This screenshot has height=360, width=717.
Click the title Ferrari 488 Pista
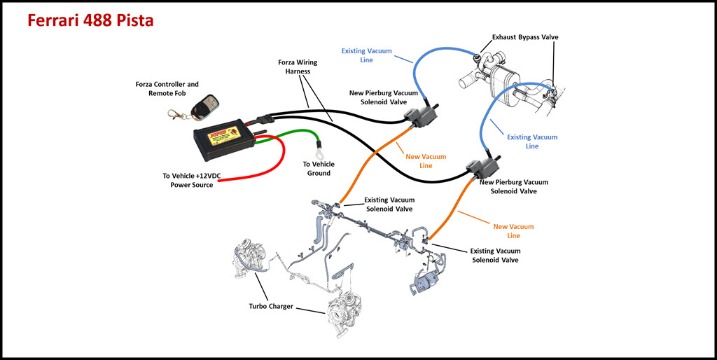click(x=90, y=21)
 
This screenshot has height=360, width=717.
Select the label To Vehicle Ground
click(x=318, y=168)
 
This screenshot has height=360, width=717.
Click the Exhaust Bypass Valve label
click(x=525, y=37)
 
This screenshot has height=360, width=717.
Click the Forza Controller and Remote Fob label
click(x=167, y=89)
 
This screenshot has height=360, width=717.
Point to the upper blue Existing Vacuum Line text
click(x=367, y=55)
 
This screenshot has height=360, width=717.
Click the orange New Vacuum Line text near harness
click(x=426, y=160)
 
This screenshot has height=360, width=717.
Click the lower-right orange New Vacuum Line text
click(x=513, y=231)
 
